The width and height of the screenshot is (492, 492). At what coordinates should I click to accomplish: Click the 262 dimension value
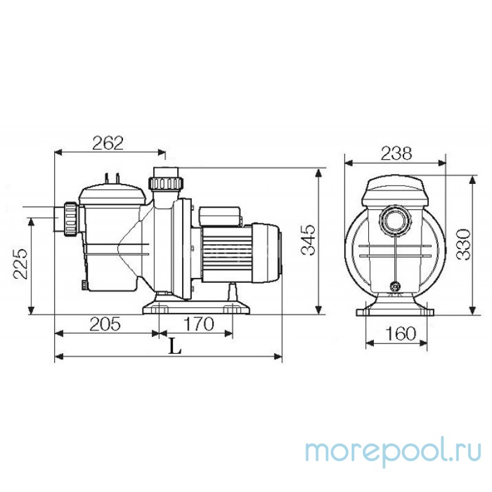pyautogui.click(x=108, y=143)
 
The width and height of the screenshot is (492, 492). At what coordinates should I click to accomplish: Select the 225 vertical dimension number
pyautogui.click(x=21, y=264)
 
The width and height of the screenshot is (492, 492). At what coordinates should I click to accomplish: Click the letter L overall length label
pyautogui.click(x=176, y=347)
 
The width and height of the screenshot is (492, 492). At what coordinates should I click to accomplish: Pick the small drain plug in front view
pyautogui.click(x=394, y=285)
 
